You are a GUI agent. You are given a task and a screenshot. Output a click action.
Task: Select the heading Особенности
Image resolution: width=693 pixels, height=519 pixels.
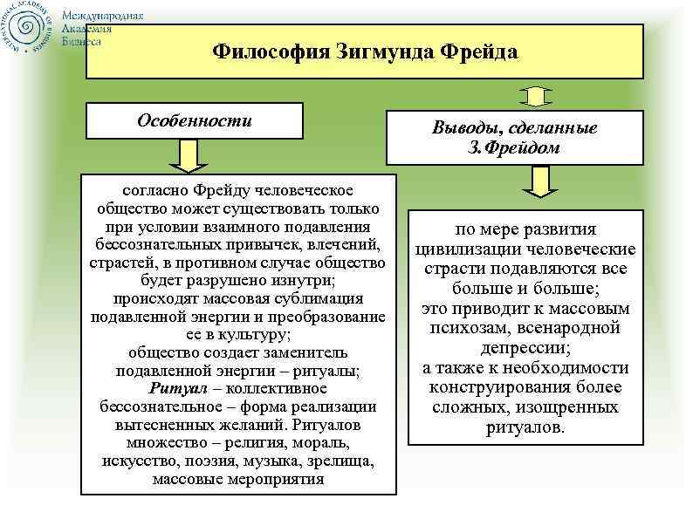[x=194, y=120]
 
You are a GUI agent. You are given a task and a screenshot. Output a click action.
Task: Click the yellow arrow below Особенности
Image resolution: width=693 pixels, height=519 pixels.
[x=185, y=156]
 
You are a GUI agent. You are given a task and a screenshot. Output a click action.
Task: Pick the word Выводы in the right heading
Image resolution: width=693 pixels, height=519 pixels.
[x=465, y=127]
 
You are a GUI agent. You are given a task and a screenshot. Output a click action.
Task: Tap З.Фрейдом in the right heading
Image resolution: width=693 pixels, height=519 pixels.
[x=518, y=147]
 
